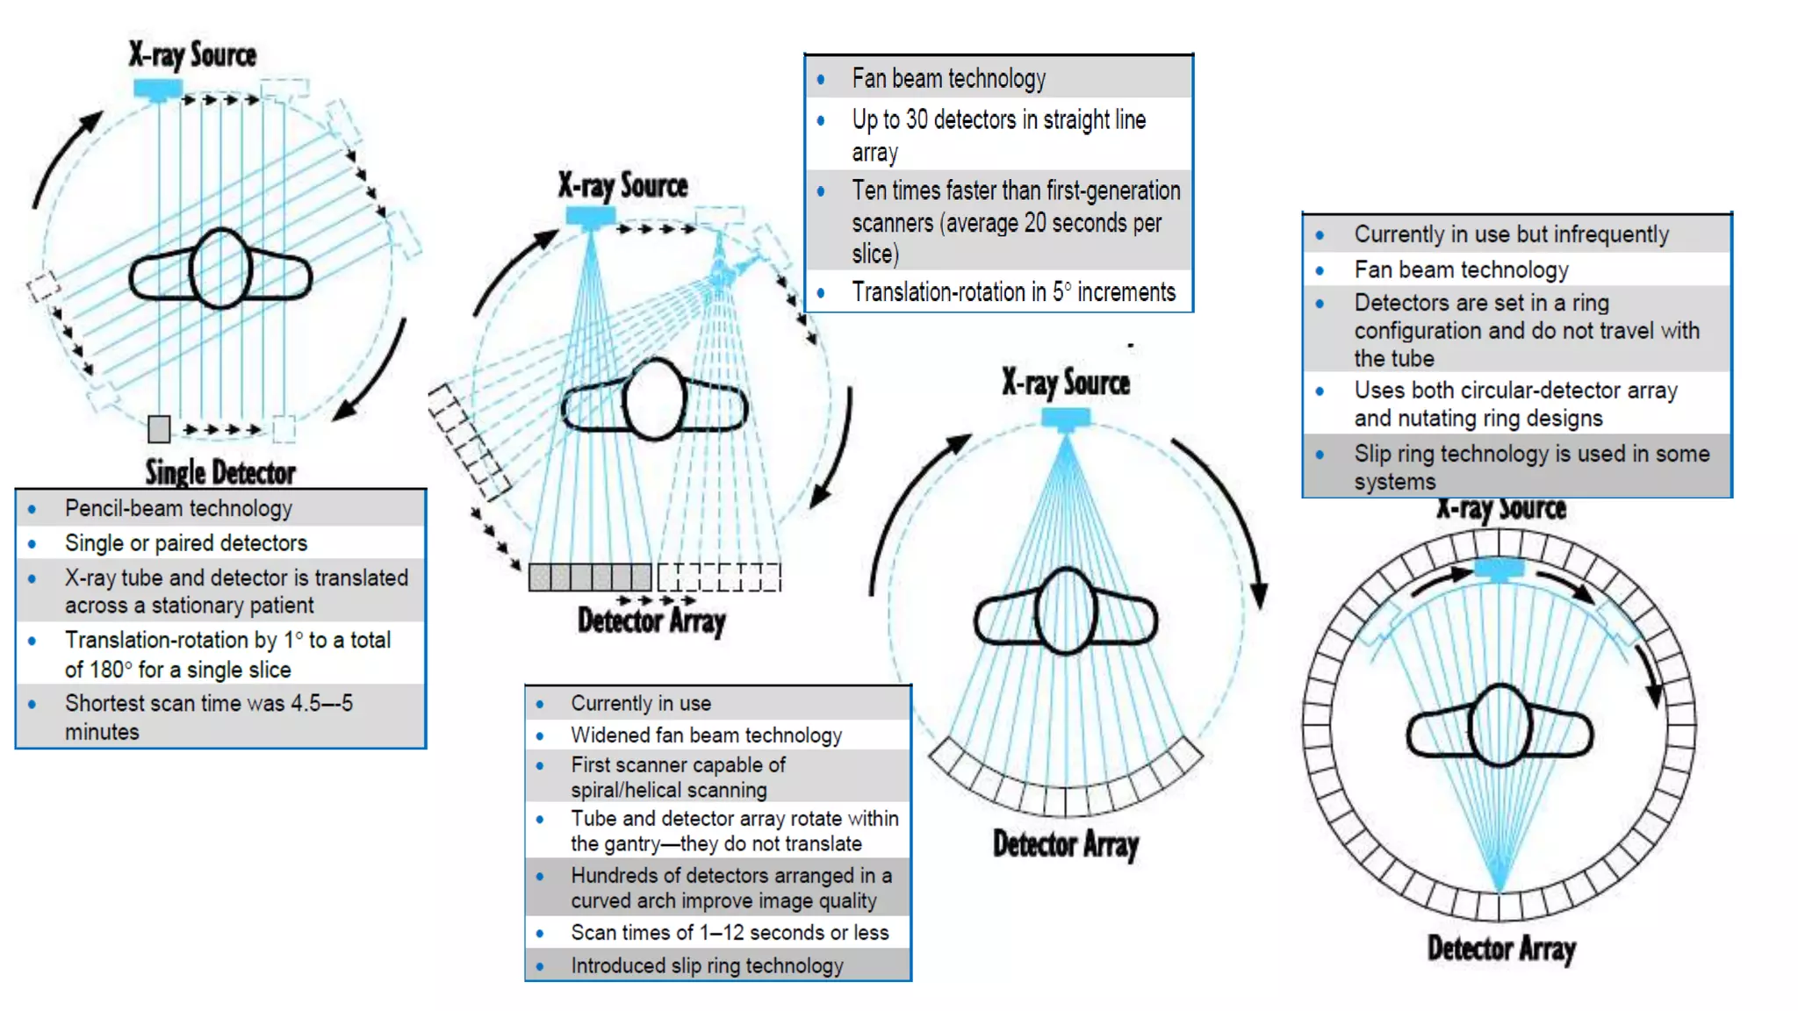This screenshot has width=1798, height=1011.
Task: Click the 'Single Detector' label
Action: [220, 472]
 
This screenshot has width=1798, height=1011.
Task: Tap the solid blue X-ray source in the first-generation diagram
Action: [158, 89]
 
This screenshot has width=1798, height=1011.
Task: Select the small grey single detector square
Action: [159, 429]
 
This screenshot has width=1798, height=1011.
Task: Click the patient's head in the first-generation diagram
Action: [220, 269]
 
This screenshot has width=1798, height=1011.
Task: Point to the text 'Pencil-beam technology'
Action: [178, 508]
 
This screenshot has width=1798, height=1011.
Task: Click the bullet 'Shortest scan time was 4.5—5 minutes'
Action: [208, 717]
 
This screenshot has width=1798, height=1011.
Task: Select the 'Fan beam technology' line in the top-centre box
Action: [948, 79]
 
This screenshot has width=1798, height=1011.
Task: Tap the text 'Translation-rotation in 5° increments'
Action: [1013, 292]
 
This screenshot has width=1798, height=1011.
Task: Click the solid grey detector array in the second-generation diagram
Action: [590, 577]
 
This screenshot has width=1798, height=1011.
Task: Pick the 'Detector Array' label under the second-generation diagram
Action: [651, 621]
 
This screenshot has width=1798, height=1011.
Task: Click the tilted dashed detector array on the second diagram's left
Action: [469, 441]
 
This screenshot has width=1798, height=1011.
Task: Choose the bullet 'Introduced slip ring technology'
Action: [707, 965]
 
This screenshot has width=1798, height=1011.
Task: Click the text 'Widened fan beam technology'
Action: [706, 735]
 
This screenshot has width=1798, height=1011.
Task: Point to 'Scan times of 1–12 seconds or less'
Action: [730, 932]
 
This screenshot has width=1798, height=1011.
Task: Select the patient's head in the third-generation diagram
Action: [1066, 611]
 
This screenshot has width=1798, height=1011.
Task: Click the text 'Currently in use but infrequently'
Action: [1511, 234]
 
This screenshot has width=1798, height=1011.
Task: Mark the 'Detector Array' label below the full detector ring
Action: [1501, 949]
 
